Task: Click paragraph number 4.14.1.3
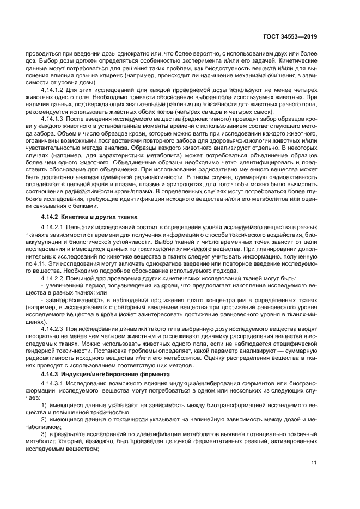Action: click(x=56, y=133)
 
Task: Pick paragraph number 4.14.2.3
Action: click(x=56, y=330)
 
